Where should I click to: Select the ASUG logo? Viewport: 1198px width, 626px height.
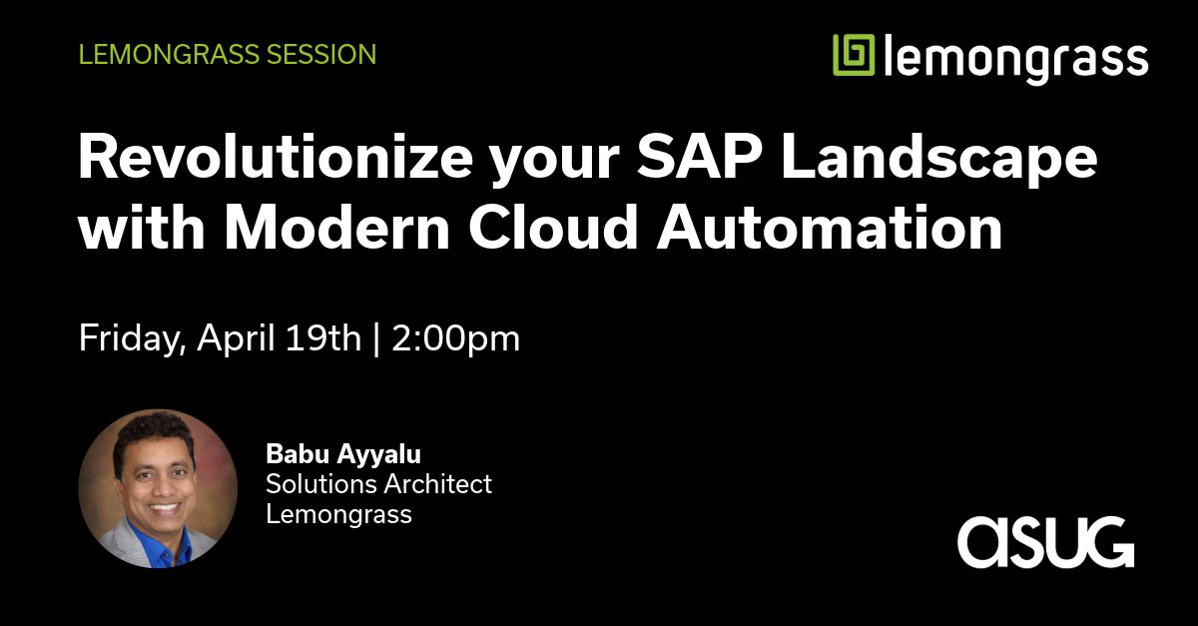1045,543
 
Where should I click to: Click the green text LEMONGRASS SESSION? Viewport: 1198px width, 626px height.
228,54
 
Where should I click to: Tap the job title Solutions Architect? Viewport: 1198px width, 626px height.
378,484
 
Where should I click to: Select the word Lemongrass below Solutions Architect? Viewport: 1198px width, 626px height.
338,514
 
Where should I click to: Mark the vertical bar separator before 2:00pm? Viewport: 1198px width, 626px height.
375,339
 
